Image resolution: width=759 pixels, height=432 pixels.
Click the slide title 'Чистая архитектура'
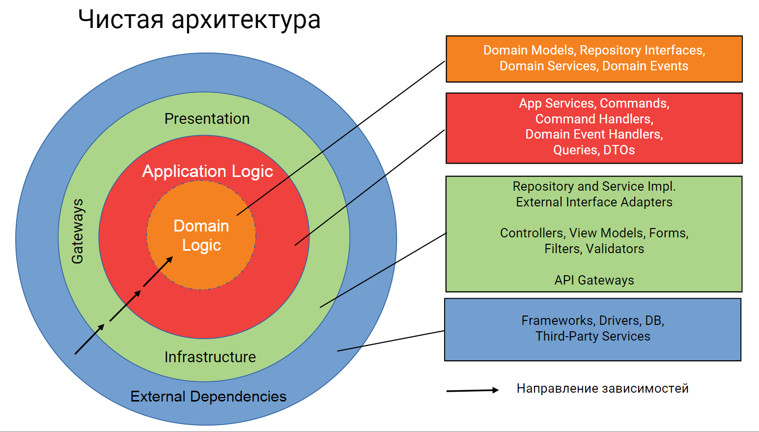tap(199, 20)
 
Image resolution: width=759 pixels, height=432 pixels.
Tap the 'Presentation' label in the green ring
tap(207, 118)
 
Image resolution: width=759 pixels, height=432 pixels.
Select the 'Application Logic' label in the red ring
tap(207, 171)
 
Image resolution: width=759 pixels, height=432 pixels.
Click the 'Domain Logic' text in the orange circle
tap(201, 235)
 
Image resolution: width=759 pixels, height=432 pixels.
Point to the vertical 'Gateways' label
tap(78, 231)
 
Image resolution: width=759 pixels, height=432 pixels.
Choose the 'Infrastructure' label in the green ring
tap(210, 357)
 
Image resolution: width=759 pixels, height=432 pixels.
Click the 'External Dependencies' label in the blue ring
tap(208, 397)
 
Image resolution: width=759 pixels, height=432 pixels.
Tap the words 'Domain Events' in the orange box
tap(645, 66)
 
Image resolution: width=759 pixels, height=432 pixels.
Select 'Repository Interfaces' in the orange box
tap(642, 50)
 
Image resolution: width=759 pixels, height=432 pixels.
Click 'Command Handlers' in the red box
tap(594, 119)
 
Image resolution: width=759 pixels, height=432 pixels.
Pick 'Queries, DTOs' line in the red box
tap(594, 150)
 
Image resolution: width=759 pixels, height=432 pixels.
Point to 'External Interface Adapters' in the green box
tap(594, 202)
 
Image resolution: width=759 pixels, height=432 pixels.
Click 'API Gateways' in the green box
tap(594, 280)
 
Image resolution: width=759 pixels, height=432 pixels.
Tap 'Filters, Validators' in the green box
tap(594, 249)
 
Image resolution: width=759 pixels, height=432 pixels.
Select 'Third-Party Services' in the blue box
tap(592, 336)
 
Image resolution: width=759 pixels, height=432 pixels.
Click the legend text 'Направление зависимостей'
tap(602, 389)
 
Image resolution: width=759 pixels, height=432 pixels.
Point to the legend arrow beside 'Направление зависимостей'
tap(472, 391)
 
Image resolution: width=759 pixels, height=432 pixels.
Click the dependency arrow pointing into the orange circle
tap(158, 271)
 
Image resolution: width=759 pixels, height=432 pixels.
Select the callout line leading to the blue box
tap(391, 341)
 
